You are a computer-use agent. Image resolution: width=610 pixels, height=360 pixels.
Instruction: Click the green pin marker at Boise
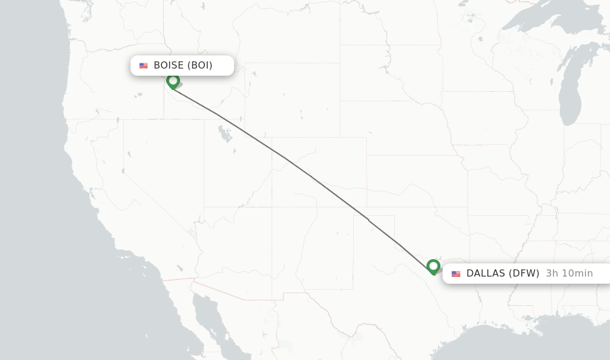point(173,80)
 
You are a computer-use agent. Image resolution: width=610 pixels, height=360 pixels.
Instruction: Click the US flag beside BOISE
point(144,66)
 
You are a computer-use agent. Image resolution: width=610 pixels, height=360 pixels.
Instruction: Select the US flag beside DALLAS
point(456,274)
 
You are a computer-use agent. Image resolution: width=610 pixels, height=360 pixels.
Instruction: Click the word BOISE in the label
point(169,66)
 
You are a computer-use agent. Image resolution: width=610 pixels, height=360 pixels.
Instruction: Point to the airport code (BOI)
point(200,66)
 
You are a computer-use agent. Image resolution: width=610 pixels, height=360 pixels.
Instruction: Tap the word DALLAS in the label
point(486,274)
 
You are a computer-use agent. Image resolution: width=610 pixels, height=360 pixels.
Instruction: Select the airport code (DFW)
point(524,274)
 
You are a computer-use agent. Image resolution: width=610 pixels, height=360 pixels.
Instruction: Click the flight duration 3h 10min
point(569,274)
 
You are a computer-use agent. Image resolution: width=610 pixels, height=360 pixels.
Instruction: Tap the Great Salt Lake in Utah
point(225,135)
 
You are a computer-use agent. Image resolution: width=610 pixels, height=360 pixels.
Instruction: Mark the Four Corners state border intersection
point(272,207)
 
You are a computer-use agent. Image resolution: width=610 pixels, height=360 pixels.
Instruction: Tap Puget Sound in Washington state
point(85,12)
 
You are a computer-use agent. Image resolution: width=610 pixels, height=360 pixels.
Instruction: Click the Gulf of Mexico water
point(536,340)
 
